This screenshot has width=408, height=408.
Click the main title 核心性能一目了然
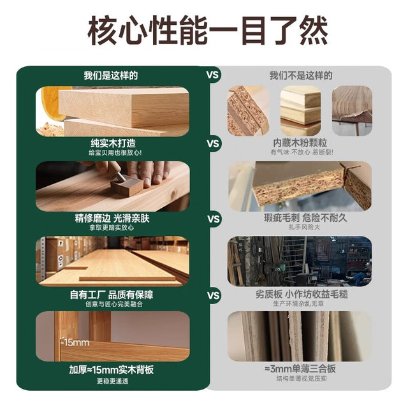pos(207,31)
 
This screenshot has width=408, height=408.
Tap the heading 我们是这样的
pos(110,75)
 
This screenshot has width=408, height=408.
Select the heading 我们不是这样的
pos(301,75)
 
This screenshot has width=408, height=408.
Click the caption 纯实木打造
pos(113,143)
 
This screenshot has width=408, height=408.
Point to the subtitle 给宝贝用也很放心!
pos(115,152)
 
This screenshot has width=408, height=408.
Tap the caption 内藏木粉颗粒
pos(300,143)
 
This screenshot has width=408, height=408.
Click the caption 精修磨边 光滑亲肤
pos(112,218)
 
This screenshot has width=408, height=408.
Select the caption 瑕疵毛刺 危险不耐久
pos(305,218)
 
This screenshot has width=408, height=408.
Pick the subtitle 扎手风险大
pos(304,227)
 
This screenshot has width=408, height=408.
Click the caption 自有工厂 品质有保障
pos(112,295)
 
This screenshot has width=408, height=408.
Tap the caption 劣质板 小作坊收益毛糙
pos(302,295)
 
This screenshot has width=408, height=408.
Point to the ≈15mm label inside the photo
pos(75,342)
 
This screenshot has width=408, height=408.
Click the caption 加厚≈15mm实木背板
pos(112,370)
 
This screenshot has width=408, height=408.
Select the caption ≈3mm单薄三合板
pos(300,368)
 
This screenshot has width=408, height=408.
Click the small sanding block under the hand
pos(127,185)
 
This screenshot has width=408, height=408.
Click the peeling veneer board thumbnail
pos(352,111)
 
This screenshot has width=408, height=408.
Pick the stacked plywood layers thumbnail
pos(300,111)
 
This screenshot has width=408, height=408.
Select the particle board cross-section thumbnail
pos(248,111)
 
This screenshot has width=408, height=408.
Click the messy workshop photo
pos(300,261)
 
